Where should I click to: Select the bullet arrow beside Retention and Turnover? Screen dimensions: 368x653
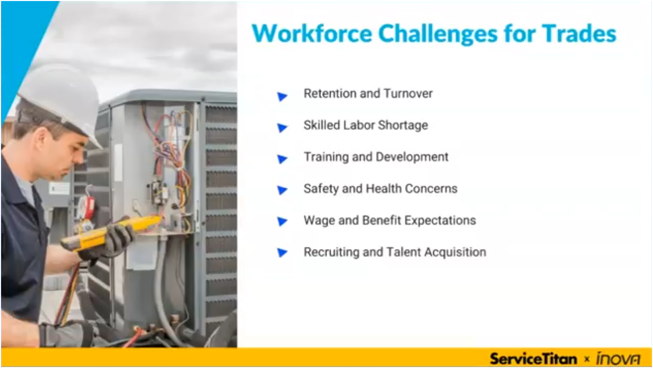[282, 96]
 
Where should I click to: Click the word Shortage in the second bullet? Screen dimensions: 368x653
[406, 125]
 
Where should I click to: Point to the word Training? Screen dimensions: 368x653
[323, 158]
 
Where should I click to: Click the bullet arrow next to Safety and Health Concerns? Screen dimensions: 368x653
[282, 191]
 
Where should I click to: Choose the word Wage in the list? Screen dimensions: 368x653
[318, 221]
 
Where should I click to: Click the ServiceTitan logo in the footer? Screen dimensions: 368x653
[533, 358]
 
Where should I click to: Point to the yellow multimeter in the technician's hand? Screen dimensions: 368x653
[111, 232]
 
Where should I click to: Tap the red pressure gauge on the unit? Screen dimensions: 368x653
[88, 207]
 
